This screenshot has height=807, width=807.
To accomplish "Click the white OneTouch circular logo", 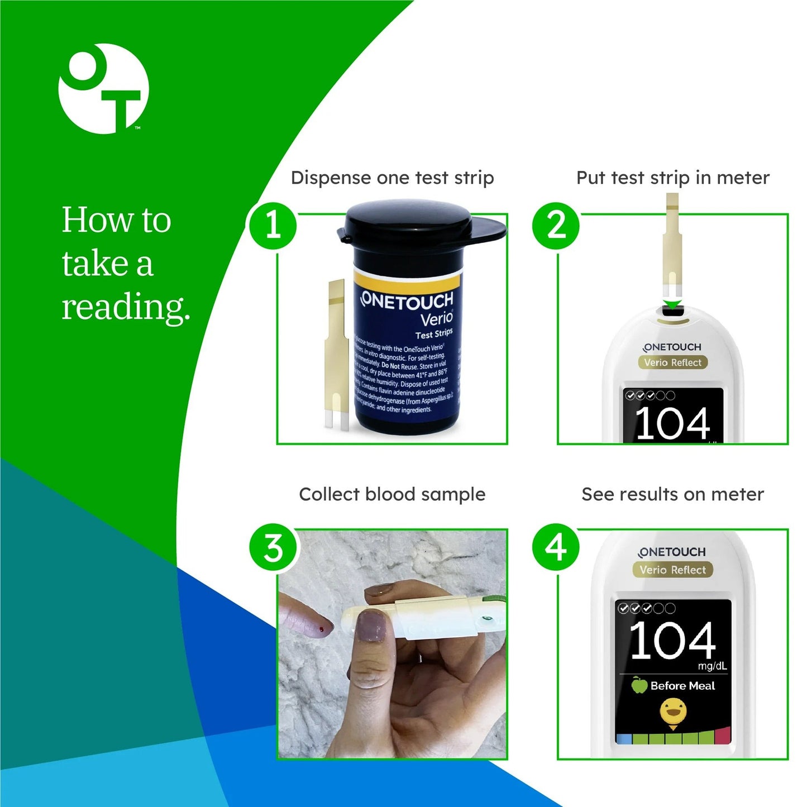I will (104, 89).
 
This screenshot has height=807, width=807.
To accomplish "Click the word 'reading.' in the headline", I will (125, 307).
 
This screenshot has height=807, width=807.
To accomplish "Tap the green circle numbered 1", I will (273, 225).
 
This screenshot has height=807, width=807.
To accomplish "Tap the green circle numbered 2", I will (556, 225).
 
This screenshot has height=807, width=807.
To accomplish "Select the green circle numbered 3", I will (273, 548).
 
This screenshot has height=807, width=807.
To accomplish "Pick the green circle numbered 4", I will (556, 548).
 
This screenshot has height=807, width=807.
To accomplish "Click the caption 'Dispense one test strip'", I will (392, 178).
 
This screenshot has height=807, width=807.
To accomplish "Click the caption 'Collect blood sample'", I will (392, 494).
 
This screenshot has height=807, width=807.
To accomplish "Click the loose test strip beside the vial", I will (336, 357).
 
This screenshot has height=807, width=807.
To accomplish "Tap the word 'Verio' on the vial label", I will (436, 318).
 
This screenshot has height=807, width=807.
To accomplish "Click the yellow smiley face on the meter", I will (672, 713).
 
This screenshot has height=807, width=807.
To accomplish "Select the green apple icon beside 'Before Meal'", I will (639, 685).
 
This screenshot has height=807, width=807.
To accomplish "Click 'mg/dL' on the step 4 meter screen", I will (712, 666).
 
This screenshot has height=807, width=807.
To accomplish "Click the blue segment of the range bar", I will (624, 738).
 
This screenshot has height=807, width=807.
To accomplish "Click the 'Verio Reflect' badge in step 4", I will (672, 570).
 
